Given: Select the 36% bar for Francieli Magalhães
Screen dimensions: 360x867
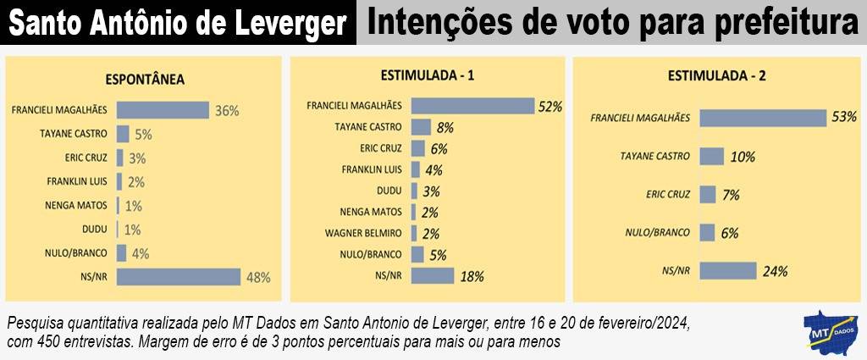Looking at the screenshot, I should tap(163, 110).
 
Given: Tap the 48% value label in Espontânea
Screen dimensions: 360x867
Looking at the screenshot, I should tap(257, 277).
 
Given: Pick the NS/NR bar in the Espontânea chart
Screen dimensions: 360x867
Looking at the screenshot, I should tap(179, 277).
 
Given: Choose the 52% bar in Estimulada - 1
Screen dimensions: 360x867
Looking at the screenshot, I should tap(472, 107).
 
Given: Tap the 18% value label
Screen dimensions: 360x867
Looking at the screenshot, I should tap(472, 275).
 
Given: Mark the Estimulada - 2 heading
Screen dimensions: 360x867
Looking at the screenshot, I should tap(717, 75).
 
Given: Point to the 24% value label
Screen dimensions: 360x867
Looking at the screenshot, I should tap(775, 272).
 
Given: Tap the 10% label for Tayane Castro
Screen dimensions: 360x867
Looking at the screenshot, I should tap(743, 157).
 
